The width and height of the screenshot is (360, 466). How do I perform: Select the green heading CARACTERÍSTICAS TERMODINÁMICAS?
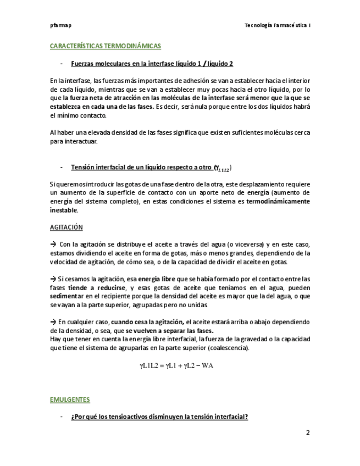coord(105,46)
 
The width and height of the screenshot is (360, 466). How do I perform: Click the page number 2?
coord(308,432)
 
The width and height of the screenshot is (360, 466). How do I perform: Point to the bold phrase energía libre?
coord(157,279)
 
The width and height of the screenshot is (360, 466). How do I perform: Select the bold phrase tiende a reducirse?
coord(96,287)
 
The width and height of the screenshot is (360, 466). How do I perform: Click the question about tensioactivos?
coord(159,417)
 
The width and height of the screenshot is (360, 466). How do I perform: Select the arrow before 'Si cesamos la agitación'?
coord(53,279)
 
